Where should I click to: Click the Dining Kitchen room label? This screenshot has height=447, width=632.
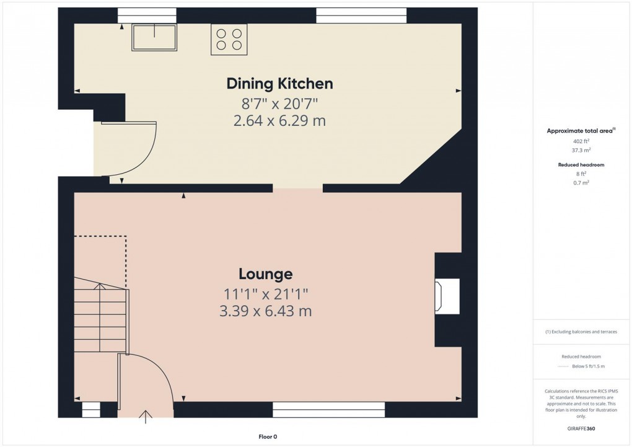coord(279,84)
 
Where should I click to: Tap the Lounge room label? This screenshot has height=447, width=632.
coord(266,274)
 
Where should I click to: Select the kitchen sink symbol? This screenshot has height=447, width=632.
coord(154,37)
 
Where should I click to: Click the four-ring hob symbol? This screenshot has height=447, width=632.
coord(229,39)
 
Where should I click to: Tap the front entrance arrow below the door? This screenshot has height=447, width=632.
coord(146,417)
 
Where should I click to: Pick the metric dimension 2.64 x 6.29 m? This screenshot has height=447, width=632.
coord(279,121)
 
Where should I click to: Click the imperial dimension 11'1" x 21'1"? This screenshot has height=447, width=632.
coord(266,293)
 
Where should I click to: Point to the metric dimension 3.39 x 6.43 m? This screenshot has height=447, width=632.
coord(266,311)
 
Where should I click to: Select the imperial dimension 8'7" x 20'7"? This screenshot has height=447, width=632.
coord(279,103)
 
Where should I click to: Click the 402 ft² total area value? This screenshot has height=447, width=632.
coord(581,141)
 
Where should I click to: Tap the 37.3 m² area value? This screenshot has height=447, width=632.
coord(581,151)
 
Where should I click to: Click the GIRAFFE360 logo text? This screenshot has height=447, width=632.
coord(581,428)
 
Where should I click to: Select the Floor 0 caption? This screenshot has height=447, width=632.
coord(268,437)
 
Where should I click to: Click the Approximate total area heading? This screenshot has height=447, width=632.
coord(580,131)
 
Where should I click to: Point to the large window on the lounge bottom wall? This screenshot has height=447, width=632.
coord(328,409)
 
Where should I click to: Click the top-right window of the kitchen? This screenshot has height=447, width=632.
coord(361,15)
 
